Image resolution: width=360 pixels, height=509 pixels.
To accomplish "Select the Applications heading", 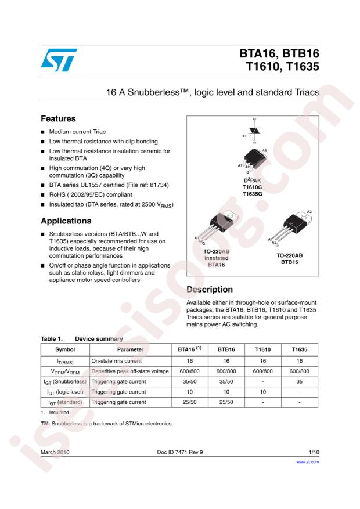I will (x=66, y=221).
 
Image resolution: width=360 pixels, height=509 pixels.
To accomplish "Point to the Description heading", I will (x=210, y=290).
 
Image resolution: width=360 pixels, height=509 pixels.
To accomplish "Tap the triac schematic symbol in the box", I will (x=254, y=133).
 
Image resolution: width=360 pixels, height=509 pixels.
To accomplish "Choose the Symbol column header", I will (x=64, y=349).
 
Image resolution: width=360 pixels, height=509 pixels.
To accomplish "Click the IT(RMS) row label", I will (x=64, y=360).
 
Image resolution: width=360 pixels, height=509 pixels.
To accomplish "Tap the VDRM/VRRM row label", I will (x=64, y=371).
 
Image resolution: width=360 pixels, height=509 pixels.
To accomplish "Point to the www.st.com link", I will (x=308, y=462).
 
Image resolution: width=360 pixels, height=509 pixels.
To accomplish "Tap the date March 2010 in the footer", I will (x=56, y=451).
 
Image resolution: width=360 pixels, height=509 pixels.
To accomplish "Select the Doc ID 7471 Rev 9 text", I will (x=180, y=451).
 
